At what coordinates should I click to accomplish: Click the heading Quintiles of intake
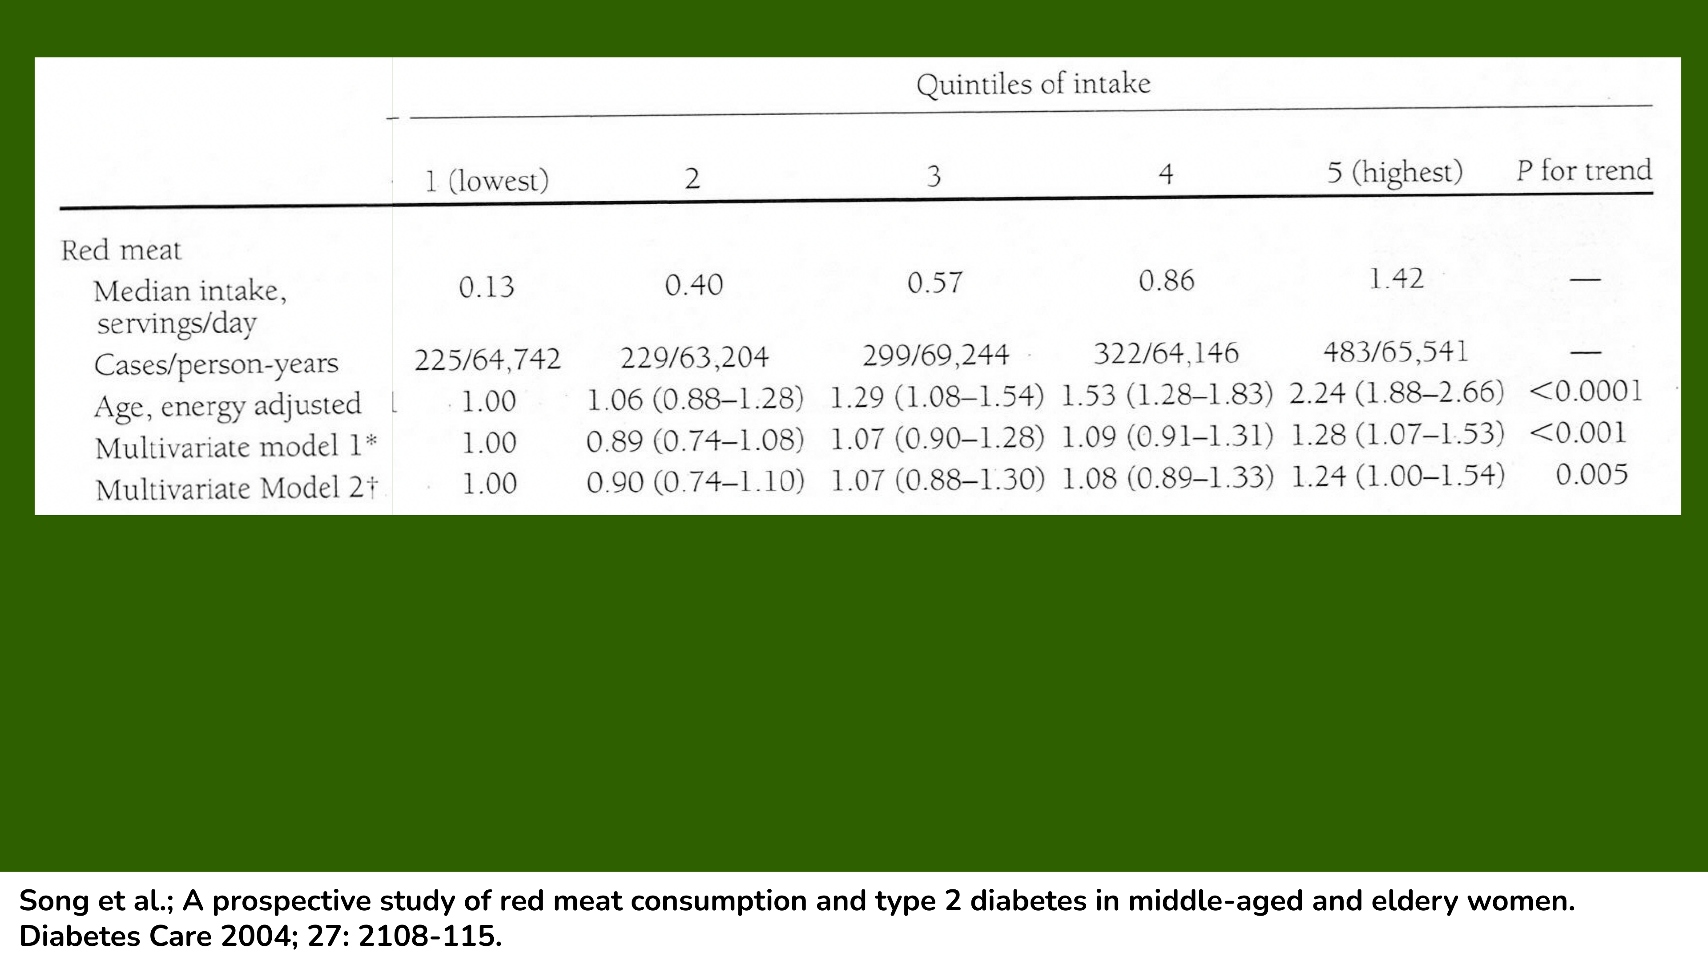tap(1033, 84)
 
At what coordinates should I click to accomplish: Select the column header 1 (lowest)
tap(487, 180)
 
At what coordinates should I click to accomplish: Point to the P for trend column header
tap(1584, 170)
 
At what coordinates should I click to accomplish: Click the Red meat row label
tap(121, 250)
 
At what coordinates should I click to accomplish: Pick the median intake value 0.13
tap(487, 287)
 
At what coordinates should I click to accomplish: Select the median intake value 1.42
tap(1396, 279)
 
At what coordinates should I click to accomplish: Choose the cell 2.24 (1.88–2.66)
tap(1396, 392)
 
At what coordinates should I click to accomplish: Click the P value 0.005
tap(1591, 474)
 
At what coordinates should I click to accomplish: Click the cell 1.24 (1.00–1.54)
tap(1398, 476)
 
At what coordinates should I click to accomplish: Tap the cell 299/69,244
tap(935, 355)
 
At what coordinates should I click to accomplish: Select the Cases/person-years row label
tap(216, 364)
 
